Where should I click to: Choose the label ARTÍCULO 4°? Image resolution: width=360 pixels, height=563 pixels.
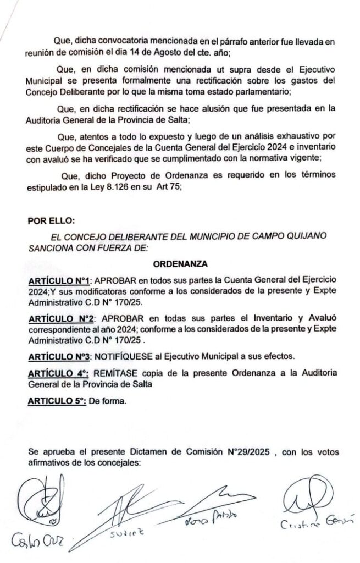click(x=58, y=373)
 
